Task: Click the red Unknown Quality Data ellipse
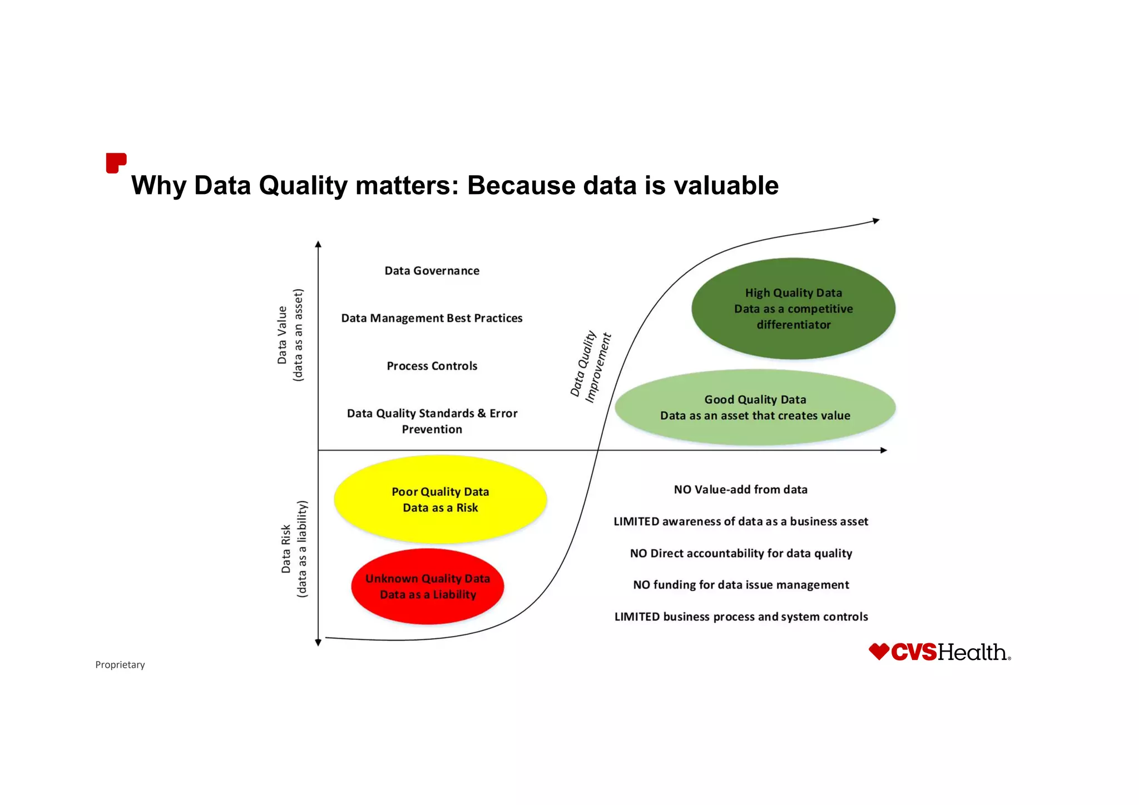coord(427,587)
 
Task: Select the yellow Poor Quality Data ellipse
coord(440,499)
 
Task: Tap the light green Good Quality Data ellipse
coord(755,408)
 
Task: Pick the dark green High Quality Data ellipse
coord(793,309)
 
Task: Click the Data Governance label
coord(432,271)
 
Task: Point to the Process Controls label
coord(432,366)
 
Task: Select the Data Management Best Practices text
coord(432,318)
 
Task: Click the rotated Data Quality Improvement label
coord(591,366)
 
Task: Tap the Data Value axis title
coord(290,335)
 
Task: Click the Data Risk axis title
coord(294,549)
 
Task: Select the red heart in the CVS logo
coord(879,651)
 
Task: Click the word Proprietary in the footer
coord(120,665)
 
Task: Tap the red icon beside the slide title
coord(116,163)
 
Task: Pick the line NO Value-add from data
coord(740,490)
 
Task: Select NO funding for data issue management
coord(741,585)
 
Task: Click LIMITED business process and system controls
coord(741,617)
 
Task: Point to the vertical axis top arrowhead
coord(318,245)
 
